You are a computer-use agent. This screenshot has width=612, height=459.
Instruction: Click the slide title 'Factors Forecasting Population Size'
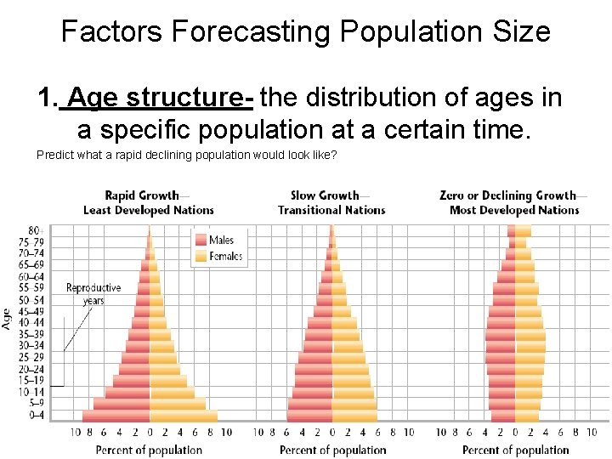[x=306, y=32]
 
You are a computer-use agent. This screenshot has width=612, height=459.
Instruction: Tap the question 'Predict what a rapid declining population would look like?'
[x=187, y=155]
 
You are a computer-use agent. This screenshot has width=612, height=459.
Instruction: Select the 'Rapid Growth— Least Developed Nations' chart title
[x=149, y=202]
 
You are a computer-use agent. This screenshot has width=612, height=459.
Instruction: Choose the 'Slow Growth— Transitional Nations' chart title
[x=331, y=202]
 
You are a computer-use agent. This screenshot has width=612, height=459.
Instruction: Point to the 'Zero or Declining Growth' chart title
[x=509, y=195]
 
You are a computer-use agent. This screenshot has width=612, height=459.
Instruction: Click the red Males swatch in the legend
[x=201, y=240]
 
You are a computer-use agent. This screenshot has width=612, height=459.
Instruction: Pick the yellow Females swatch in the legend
[x=201, y=255]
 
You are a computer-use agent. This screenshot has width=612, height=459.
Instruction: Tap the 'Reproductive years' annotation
[x=93, y=294]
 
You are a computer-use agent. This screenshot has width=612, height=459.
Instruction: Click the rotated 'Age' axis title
[x=8, y=318]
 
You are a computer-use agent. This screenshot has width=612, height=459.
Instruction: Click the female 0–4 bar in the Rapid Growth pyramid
[x=183, y=416]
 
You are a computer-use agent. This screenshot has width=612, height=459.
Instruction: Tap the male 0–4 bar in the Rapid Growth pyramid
[x=116, y=416]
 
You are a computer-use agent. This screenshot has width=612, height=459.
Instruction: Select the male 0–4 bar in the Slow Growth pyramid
[x=309, y=416]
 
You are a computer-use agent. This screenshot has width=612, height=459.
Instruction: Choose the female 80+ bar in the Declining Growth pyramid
[x=522, y=231]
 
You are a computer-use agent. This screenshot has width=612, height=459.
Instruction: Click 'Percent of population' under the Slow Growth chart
[x=332, y=450]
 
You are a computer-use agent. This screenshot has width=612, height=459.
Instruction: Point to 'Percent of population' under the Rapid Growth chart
[x=150, y=450]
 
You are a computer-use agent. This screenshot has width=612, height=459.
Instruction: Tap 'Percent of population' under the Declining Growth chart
[x=515, y=450]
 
